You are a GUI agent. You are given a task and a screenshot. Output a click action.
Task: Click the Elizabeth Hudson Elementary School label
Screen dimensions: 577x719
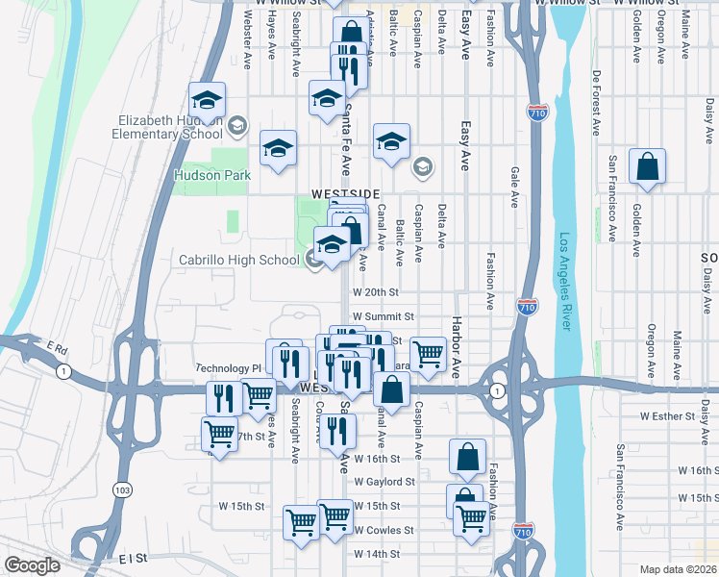click(170, 127)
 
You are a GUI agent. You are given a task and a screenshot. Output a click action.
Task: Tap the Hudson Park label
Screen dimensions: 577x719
click(211, 175)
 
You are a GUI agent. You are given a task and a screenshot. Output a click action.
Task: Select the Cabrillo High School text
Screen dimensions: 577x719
click(239, 260)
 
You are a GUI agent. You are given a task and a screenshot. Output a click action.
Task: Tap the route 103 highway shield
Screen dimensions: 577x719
click(124, 489)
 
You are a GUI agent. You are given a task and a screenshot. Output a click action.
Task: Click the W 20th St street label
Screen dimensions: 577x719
click(375, 291)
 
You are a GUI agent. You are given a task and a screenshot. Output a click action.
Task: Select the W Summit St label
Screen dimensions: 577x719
click(383, 315)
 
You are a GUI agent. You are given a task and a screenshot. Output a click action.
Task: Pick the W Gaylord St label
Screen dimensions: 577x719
click(384, 481)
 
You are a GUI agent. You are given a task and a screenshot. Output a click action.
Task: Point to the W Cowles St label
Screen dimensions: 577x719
click(384, 530)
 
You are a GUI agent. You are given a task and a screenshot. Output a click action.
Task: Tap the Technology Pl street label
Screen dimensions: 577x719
click(229, 368)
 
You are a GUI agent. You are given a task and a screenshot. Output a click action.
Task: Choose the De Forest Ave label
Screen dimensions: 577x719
click(597, 101)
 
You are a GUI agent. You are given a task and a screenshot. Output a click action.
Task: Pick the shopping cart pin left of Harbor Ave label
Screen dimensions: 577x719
click(428, 354)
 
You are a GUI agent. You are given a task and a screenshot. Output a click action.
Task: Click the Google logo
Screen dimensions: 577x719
click(33, 565)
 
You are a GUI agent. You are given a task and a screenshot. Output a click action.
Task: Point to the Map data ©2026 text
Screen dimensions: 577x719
click(679, 569)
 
